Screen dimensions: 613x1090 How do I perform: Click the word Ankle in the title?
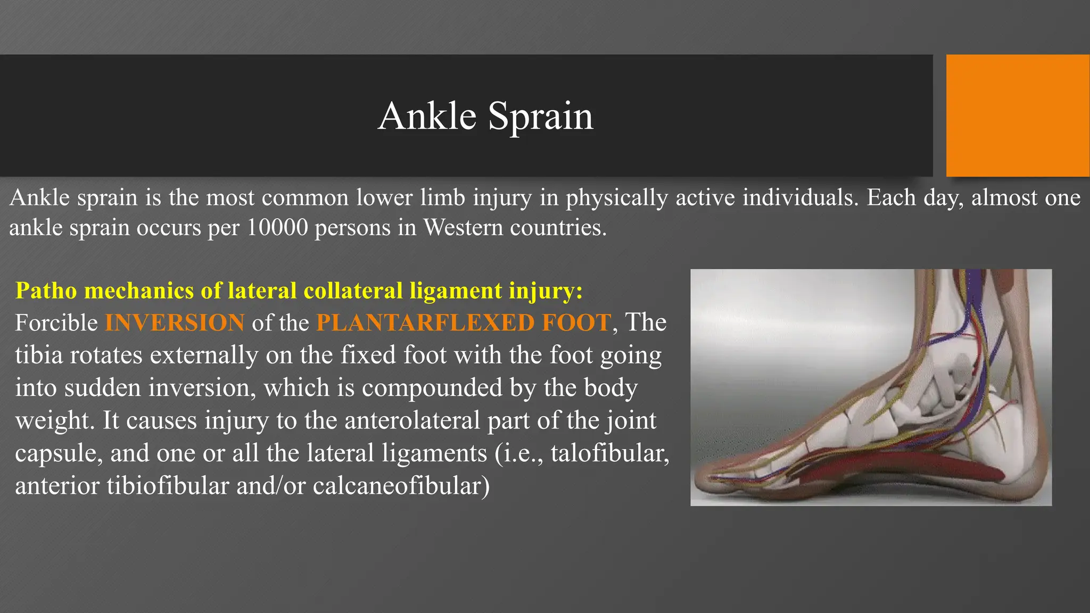coord(427,116)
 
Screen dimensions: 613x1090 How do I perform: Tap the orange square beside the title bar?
coord(1017,115)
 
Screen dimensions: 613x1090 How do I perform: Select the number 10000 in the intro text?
coord(277,228)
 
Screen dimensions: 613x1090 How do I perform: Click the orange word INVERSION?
coord(175,323)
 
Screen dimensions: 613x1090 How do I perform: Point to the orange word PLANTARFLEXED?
coord(425,323)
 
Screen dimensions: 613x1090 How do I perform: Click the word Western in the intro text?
coord(463,228)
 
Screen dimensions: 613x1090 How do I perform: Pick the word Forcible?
coord(56,323)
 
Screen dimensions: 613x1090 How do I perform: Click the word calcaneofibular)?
coord(401,486)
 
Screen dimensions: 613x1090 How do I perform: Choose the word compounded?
coord(432,388)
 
